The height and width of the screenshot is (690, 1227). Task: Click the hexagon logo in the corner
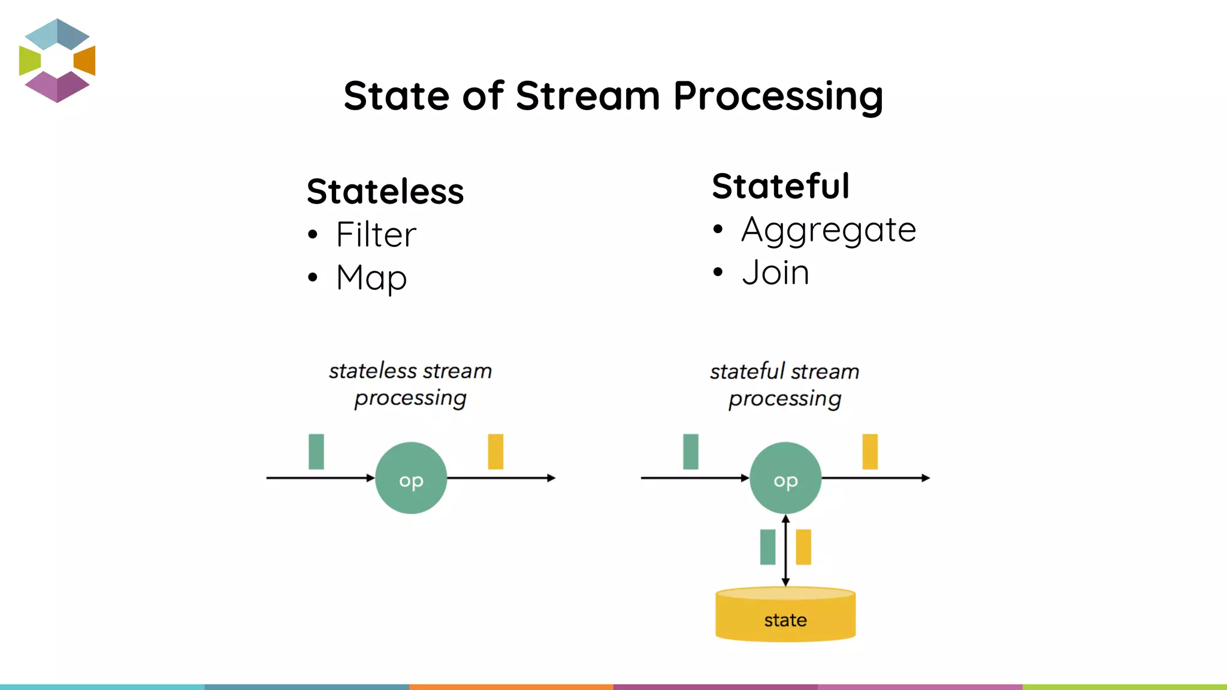tap(57, 60)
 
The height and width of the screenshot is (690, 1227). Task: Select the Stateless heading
tap(385, 192)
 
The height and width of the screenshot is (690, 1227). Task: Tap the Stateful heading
tap(781, 186)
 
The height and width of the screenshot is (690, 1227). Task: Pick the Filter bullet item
tap(376, 234)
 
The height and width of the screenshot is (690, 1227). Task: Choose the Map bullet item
tap(371, 278)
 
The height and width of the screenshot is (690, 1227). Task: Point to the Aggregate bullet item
tap(828, 230)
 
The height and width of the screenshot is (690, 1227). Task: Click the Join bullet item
tap(775, 273)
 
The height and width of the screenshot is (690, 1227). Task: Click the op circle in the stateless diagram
tap(411, 478)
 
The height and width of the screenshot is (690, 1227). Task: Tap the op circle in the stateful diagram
tap(785, 478)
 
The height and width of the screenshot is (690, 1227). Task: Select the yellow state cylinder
tap(785, 616)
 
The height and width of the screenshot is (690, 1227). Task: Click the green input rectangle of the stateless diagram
tap(316, 452)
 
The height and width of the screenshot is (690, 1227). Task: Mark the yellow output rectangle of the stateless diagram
tap(495, 452)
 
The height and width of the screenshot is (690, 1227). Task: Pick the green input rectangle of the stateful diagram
tap(691, 452)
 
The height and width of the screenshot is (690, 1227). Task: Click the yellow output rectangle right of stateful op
tap(870, 452)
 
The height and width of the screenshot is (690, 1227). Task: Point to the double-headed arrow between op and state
tap(785, 550)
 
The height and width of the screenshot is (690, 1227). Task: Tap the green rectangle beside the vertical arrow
tap(767, 547)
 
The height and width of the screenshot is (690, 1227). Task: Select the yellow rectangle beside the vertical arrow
tap(803, 547)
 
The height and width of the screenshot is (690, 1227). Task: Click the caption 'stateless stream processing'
tap(410, 384)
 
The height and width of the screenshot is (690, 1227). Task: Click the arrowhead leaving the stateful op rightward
tap(926, 478)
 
